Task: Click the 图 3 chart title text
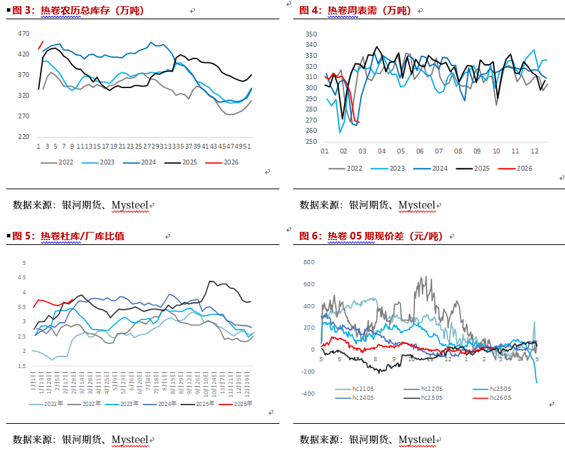pyautogui.click(x=76, y=10)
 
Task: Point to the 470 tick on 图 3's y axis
pyautogui.click(x=23, y=33)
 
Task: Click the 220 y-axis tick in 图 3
pyautogui.click(x=23, y=136)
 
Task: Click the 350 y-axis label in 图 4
pyautogui.click(x=310, y=34)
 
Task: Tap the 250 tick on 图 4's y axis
pyautogui.click(x=310, y=141)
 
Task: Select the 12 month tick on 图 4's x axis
pyautogui.click(x=534, y=151)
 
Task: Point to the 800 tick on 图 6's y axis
pyautogui.click(x=309, y=262)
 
